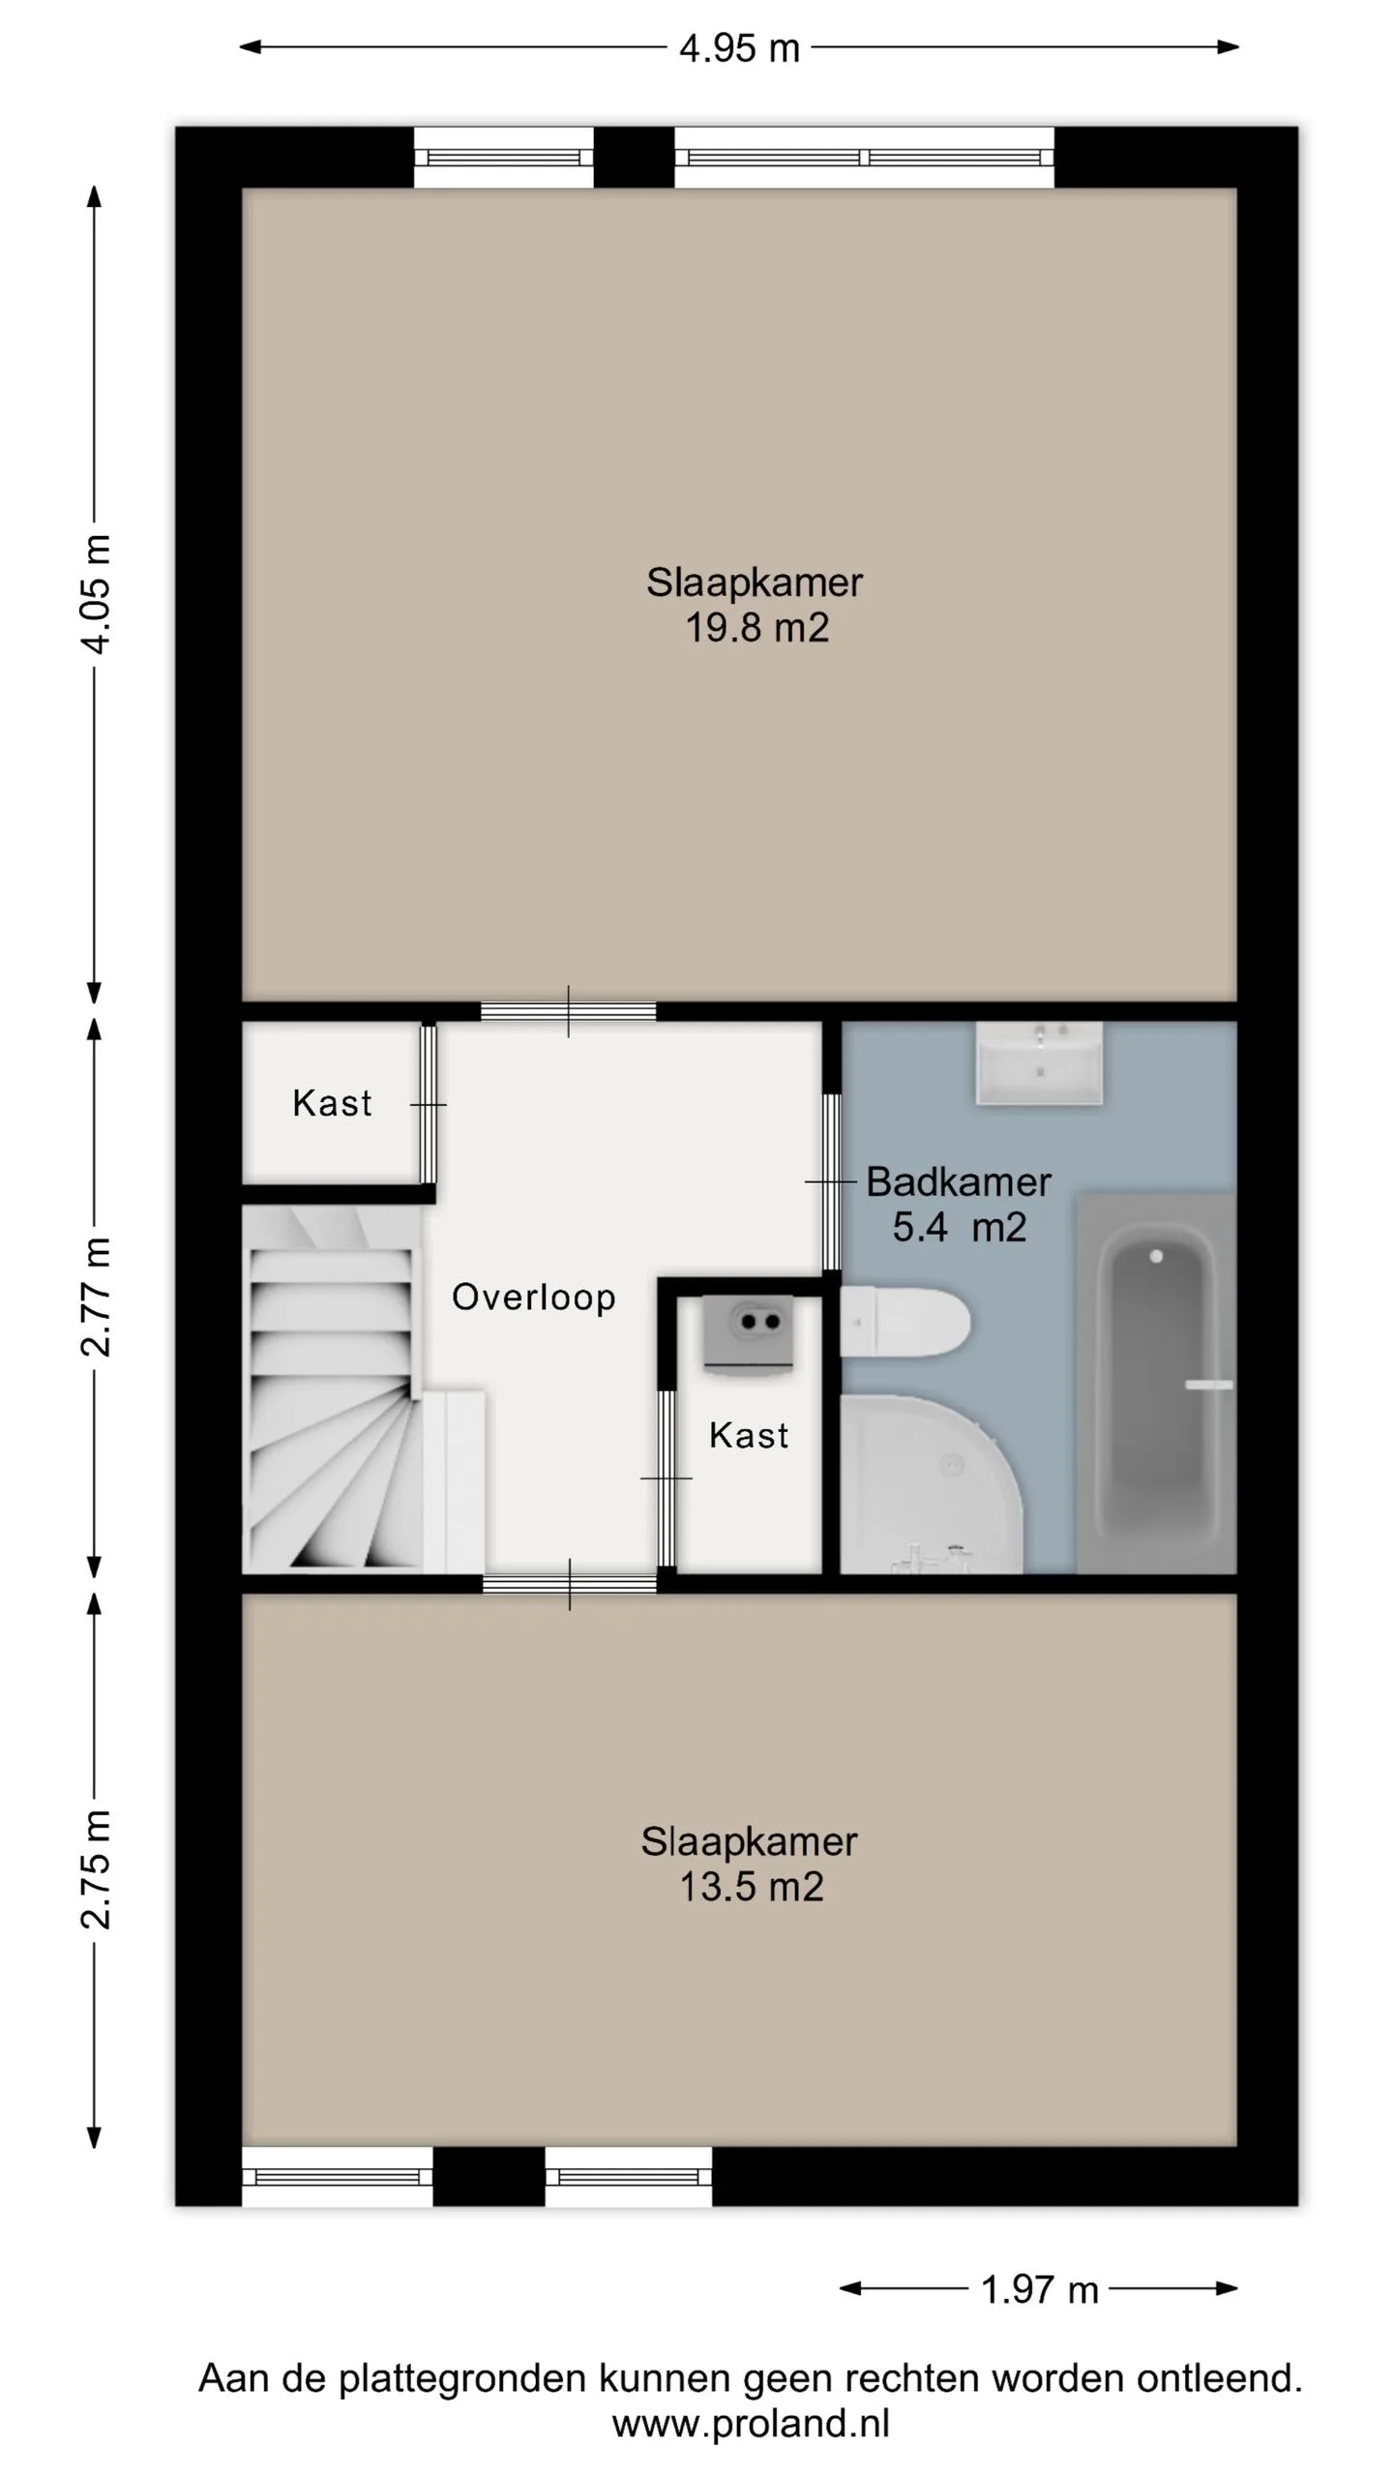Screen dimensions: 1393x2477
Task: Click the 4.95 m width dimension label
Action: (739, 47)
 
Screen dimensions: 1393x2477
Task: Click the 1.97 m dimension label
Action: (1039, 2290)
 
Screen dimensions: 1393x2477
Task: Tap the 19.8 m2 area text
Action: (756, 629)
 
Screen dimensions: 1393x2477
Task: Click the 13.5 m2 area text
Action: (752, 1888)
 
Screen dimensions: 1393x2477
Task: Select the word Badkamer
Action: (959, 1181)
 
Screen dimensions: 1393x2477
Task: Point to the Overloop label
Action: (533, 1297)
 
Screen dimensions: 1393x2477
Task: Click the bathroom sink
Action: (1039, 1062)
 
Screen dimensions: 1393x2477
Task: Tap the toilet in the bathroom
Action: (904, 1322)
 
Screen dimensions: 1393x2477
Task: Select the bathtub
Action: (1156, 1383)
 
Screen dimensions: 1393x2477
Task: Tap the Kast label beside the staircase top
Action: (332, 1103)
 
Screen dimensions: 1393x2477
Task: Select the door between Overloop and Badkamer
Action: (831, 1181)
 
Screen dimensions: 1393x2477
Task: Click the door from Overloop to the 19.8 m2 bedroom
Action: (569, 1012)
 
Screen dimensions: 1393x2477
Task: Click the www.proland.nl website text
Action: (751, 2423)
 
